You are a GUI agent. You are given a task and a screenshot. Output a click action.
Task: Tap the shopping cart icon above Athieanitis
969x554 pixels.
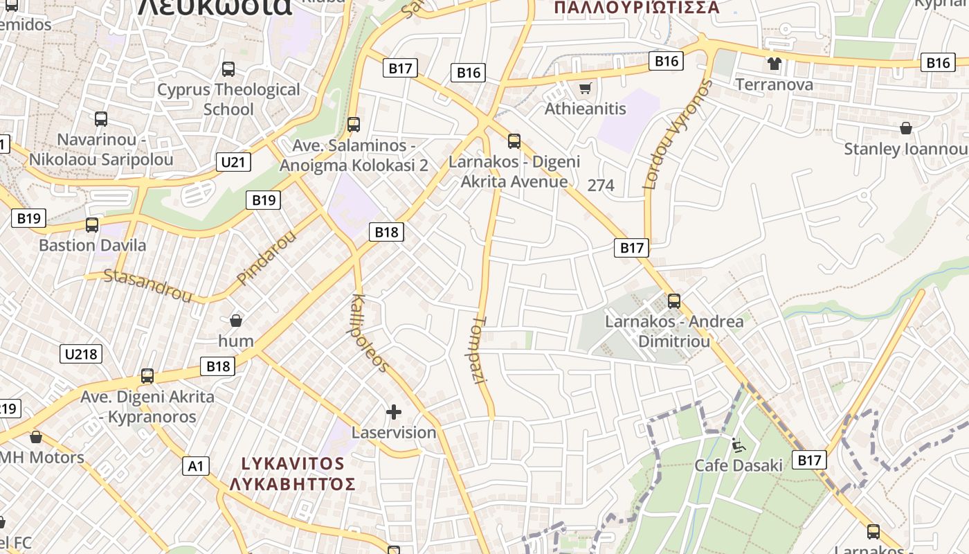(586, 88)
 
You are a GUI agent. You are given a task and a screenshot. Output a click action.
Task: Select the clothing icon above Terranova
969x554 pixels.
(774, 64)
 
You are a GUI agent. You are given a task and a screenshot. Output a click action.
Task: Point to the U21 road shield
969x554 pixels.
(233, 163)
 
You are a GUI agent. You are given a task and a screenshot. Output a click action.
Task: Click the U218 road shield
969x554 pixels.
(82, 355)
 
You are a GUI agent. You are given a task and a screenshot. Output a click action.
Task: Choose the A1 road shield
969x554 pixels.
(196, 466)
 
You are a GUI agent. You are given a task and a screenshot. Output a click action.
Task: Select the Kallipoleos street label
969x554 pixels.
(370, 332)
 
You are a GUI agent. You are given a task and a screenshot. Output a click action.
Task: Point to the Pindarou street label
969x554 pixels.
(266, 257)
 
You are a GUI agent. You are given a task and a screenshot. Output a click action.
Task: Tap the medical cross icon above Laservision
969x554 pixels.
(394, 413)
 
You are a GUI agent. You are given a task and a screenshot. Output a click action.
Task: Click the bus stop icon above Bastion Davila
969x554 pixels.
(92, 225)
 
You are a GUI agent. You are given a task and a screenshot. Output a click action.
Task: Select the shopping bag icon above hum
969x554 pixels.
(236, 321)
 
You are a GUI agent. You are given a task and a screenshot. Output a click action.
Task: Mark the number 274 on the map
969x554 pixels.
(600, 185)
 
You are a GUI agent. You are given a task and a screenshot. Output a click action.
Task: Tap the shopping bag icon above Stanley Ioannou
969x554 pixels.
(905, 128)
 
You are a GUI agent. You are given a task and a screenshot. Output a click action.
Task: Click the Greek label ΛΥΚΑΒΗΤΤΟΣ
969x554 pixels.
(293, 483)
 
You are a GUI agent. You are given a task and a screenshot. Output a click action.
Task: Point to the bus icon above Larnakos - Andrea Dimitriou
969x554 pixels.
(674, 301)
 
